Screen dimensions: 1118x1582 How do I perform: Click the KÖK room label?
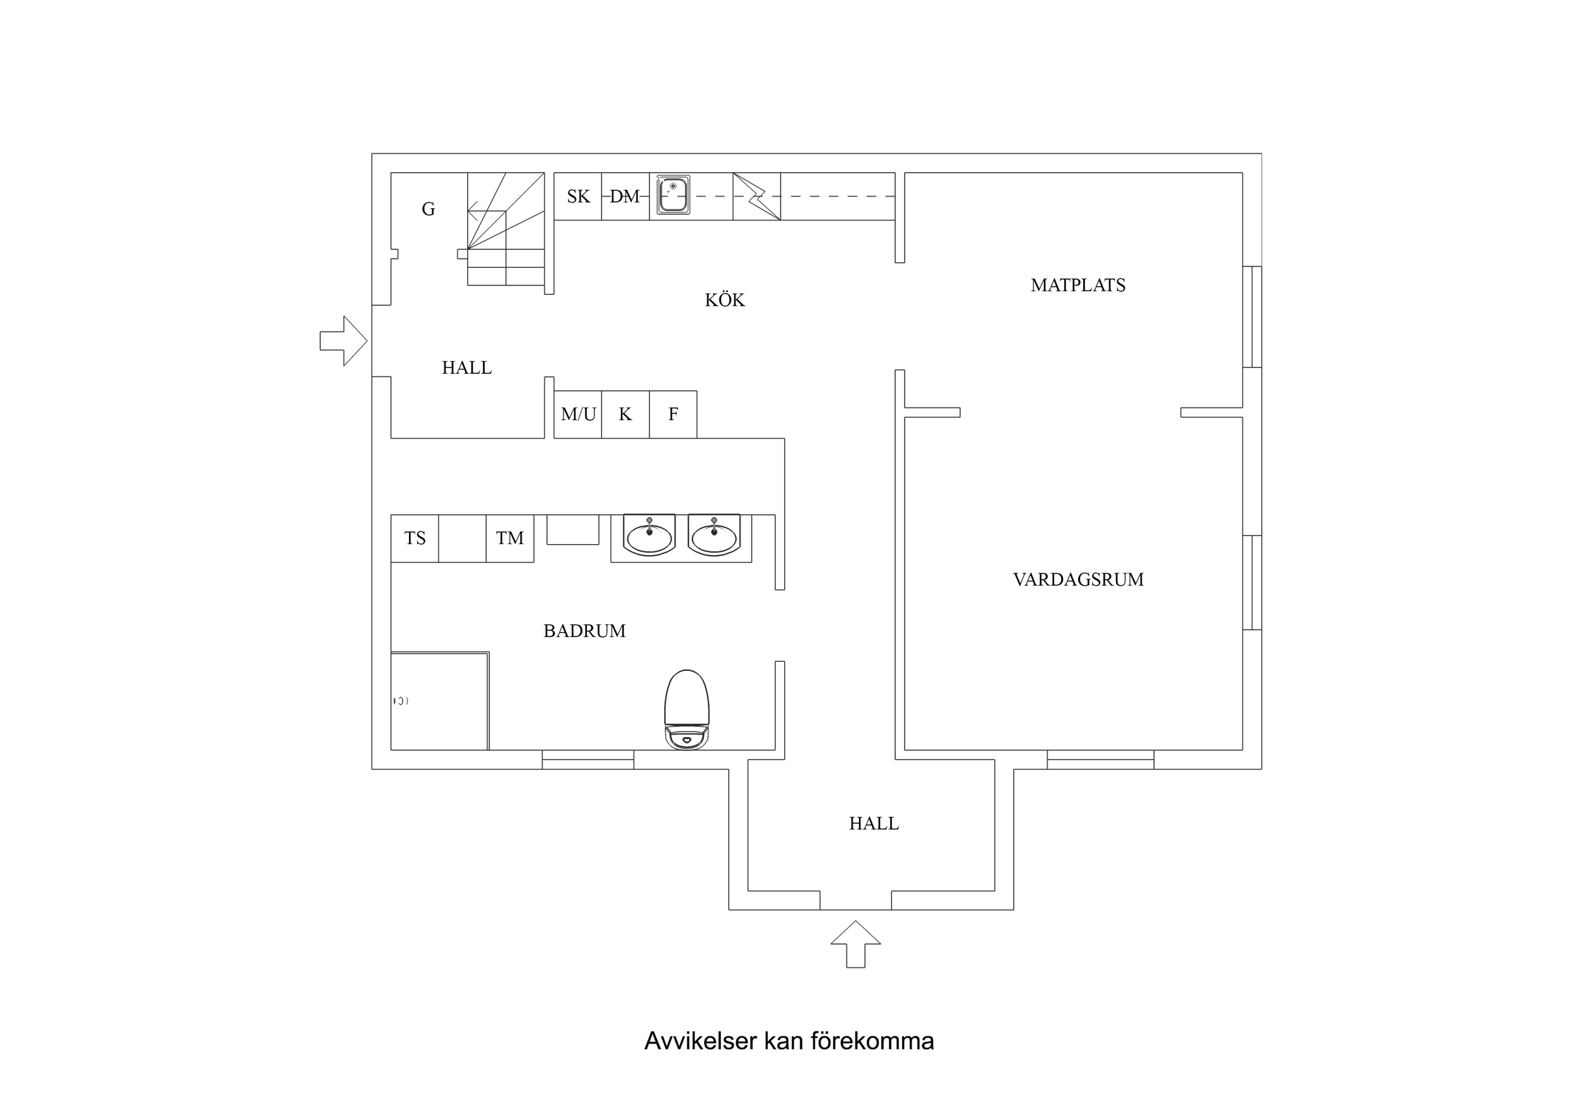(x=724, y=300)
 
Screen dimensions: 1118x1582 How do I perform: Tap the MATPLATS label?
(x=1077, y=285)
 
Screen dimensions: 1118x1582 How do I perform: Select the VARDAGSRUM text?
(x=1077, y=580)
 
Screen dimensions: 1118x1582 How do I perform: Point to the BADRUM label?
(x=584, y=631)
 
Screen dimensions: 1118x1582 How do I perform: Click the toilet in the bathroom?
(x=686, y=709)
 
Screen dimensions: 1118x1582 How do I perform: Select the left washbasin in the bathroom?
(x=649, y=536)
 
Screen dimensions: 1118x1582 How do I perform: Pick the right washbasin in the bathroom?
(x=714, y=536)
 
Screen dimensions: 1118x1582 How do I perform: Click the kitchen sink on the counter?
(x=672, y=195)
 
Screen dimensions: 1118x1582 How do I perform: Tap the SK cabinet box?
(x=577, y=196)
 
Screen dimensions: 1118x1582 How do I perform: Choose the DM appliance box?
(x=625, y=196)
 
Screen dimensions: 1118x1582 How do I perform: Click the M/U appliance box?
(x=577, y=414)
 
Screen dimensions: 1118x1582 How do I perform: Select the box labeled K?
(x=625, y=414)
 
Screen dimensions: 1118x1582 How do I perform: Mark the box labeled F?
(x=672, y=414)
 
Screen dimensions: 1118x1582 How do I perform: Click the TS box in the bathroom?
(x=415, y=538)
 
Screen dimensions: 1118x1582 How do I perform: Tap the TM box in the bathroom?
(x=510, y=538)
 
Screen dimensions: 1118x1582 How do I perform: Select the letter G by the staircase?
(x=428, y=209)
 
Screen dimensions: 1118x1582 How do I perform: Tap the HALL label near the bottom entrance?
(x=873, y=823)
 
